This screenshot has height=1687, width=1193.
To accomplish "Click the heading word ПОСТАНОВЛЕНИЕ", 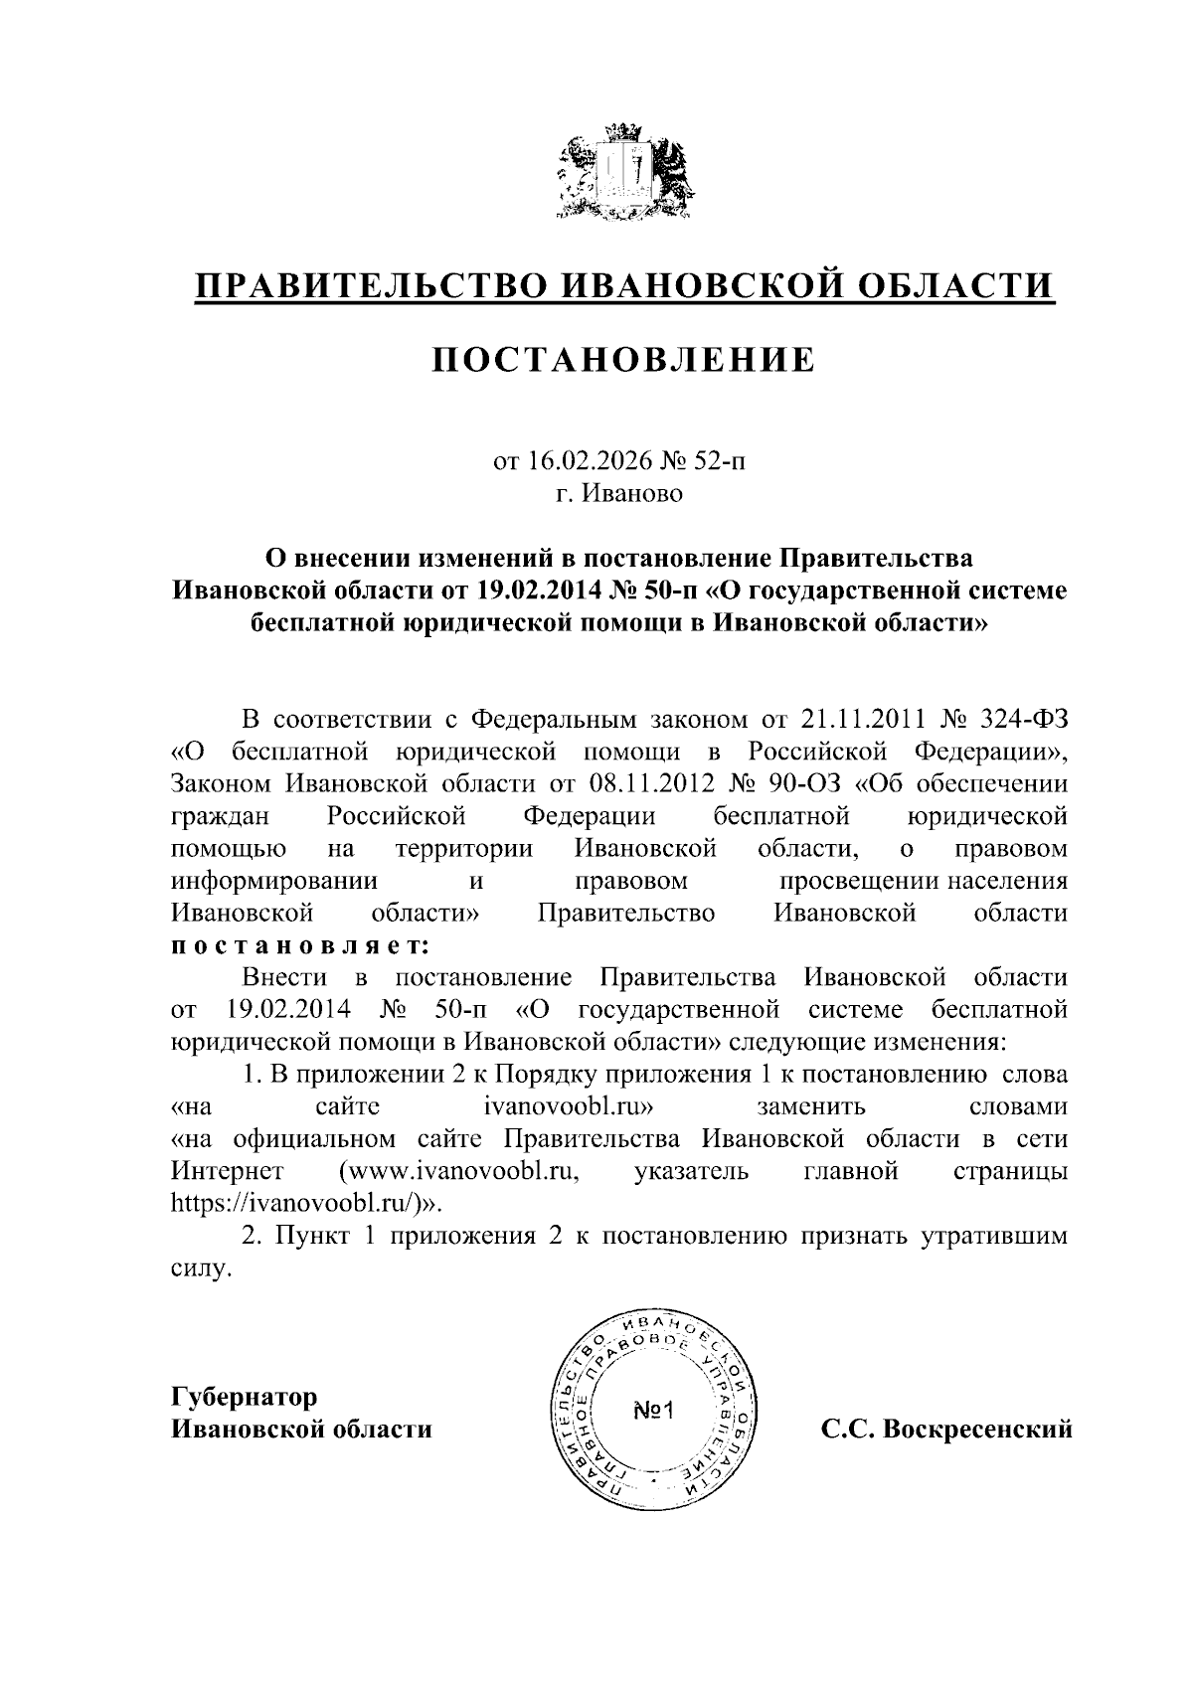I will pos(623,360).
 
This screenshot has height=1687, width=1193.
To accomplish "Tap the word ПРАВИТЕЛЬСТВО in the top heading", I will pos(374,286).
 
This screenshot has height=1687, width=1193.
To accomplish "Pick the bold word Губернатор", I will pos(244,1397).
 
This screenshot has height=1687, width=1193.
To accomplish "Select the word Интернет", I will pos(228,1171).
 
